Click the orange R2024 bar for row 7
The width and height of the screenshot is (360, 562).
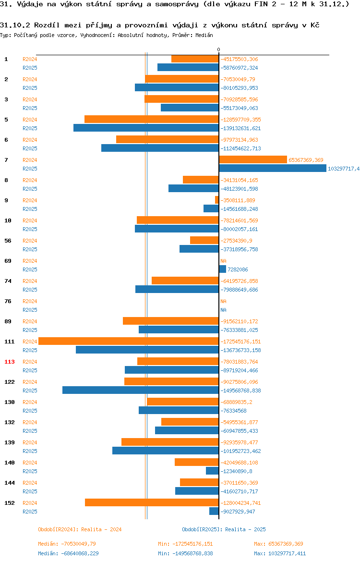click(253, 160)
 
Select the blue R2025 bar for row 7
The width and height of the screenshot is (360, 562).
click(273, 169)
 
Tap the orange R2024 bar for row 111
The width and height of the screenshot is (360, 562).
click(128, 341)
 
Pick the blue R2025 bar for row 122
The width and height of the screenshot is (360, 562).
click(141, 391)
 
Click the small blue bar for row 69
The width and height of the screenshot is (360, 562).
click(222, 269)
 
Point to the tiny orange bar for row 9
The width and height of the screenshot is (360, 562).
click(216, 200)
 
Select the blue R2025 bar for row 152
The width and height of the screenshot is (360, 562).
click(214, 512)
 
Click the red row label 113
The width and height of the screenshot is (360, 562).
click(9, 362)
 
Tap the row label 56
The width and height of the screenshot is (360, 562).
click(8, 241)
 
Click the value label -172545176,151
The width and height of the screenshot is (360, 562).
click(240, 342)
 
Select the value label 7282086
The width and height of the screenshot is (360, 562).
click(238, 269)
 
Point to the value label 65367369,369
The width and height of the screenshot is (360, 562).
click(306, 160)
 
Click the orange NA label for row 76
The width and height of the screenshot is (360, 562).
click(224, 302)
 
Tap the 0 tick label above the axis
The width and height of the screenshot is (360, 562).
click(218, 50)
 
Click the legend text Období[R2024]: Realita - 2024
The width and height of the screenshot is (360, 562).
click(80, 529)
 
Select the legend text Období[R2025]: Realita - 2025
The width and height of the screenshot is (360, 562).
click(224, 529)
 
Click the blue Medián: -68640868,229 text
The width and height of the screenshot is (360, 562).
click(69, 553)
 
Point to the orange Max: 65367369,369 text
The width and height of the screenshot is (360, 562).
click(278, 544)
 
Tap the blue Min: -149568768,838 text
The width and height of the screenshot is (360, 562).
click(186, 553)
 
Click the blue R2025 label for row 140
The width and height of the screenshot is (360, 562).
click(30, 471)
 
